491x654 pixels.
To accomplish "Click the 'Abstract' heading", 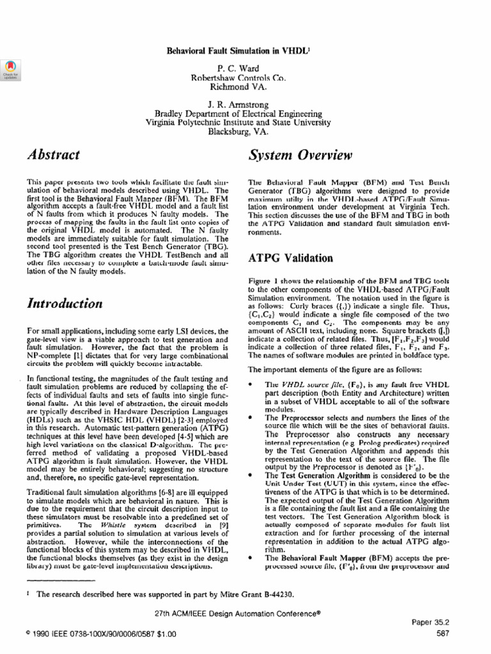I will point(54,155).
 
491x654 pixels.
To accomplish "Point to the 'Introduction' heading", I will point(65,304).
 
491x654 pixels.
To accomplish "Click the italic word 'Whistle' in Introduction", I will point(105,508).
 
